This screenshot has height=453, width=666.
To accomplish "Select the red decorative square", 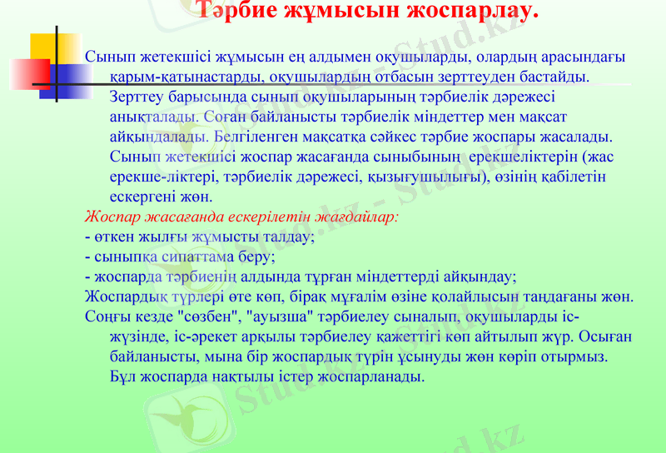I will coord(40,72).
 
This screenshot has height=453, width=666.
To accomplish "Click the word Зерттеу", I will coord(137,97).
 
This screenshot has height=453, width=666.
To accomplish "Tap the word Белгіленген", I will coord(253,137).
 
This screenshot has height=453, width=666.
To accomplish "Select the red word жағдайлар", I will coord(359,217).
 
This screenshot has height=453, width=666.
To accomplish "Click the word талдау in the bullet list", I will coord(288,236).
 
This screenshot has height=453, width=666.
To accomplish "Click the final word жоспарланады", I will coord(375,376).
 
